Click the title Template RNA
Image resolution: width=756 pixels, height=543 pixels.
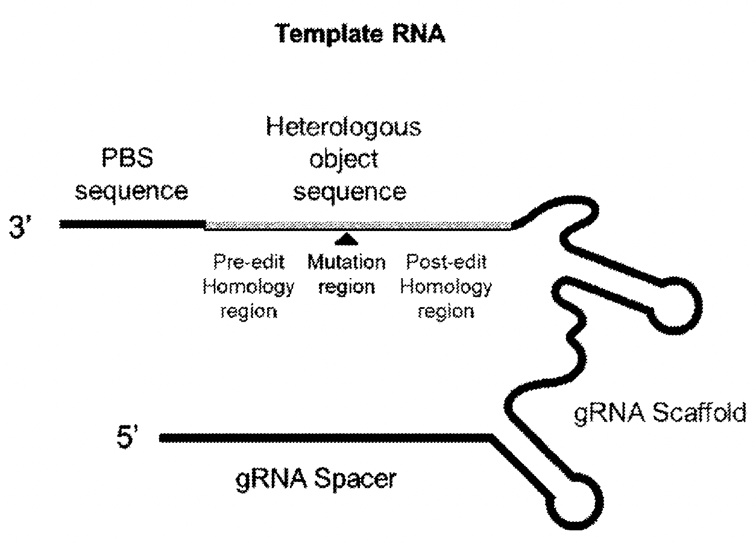[x=360, y=35]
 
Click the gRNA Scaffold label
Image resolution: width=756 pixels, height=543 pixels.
[x=660, y=416]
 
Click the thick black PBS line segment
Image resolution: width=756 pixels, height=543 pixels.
[x=133, y=224]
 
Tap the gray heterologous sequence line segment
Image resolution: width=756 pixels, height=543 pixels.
[x=358, y=225]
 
